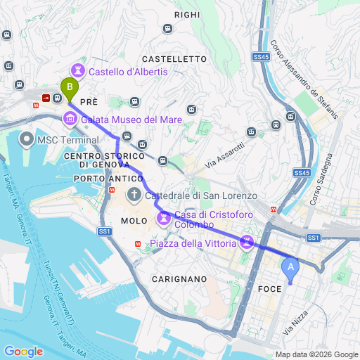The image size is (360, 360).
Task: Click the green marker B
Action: click(69, 89)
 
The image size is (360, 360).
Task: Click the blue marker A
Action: click(289, 268)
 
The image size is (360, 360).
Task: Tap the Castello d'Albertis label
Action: click(128, 72)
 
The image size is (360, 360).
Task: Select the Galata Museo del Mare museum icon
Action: click(69, 118)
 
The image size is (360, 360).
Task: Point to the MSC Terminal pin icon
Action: click(27, 139)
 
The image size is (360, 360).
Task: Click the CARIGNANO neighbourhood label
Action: click(179, 279)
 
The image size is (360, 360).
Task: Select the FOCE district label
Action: click(270, 288)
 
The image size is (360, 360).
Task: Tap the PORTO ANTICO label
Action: click(103, 179)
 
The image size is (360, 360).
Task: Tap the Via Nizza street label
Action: click(295, 323)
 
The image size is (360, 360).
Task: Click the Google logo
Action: click(23, 351)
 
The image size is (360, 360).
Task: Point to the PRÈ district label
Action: click(88, 102)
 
